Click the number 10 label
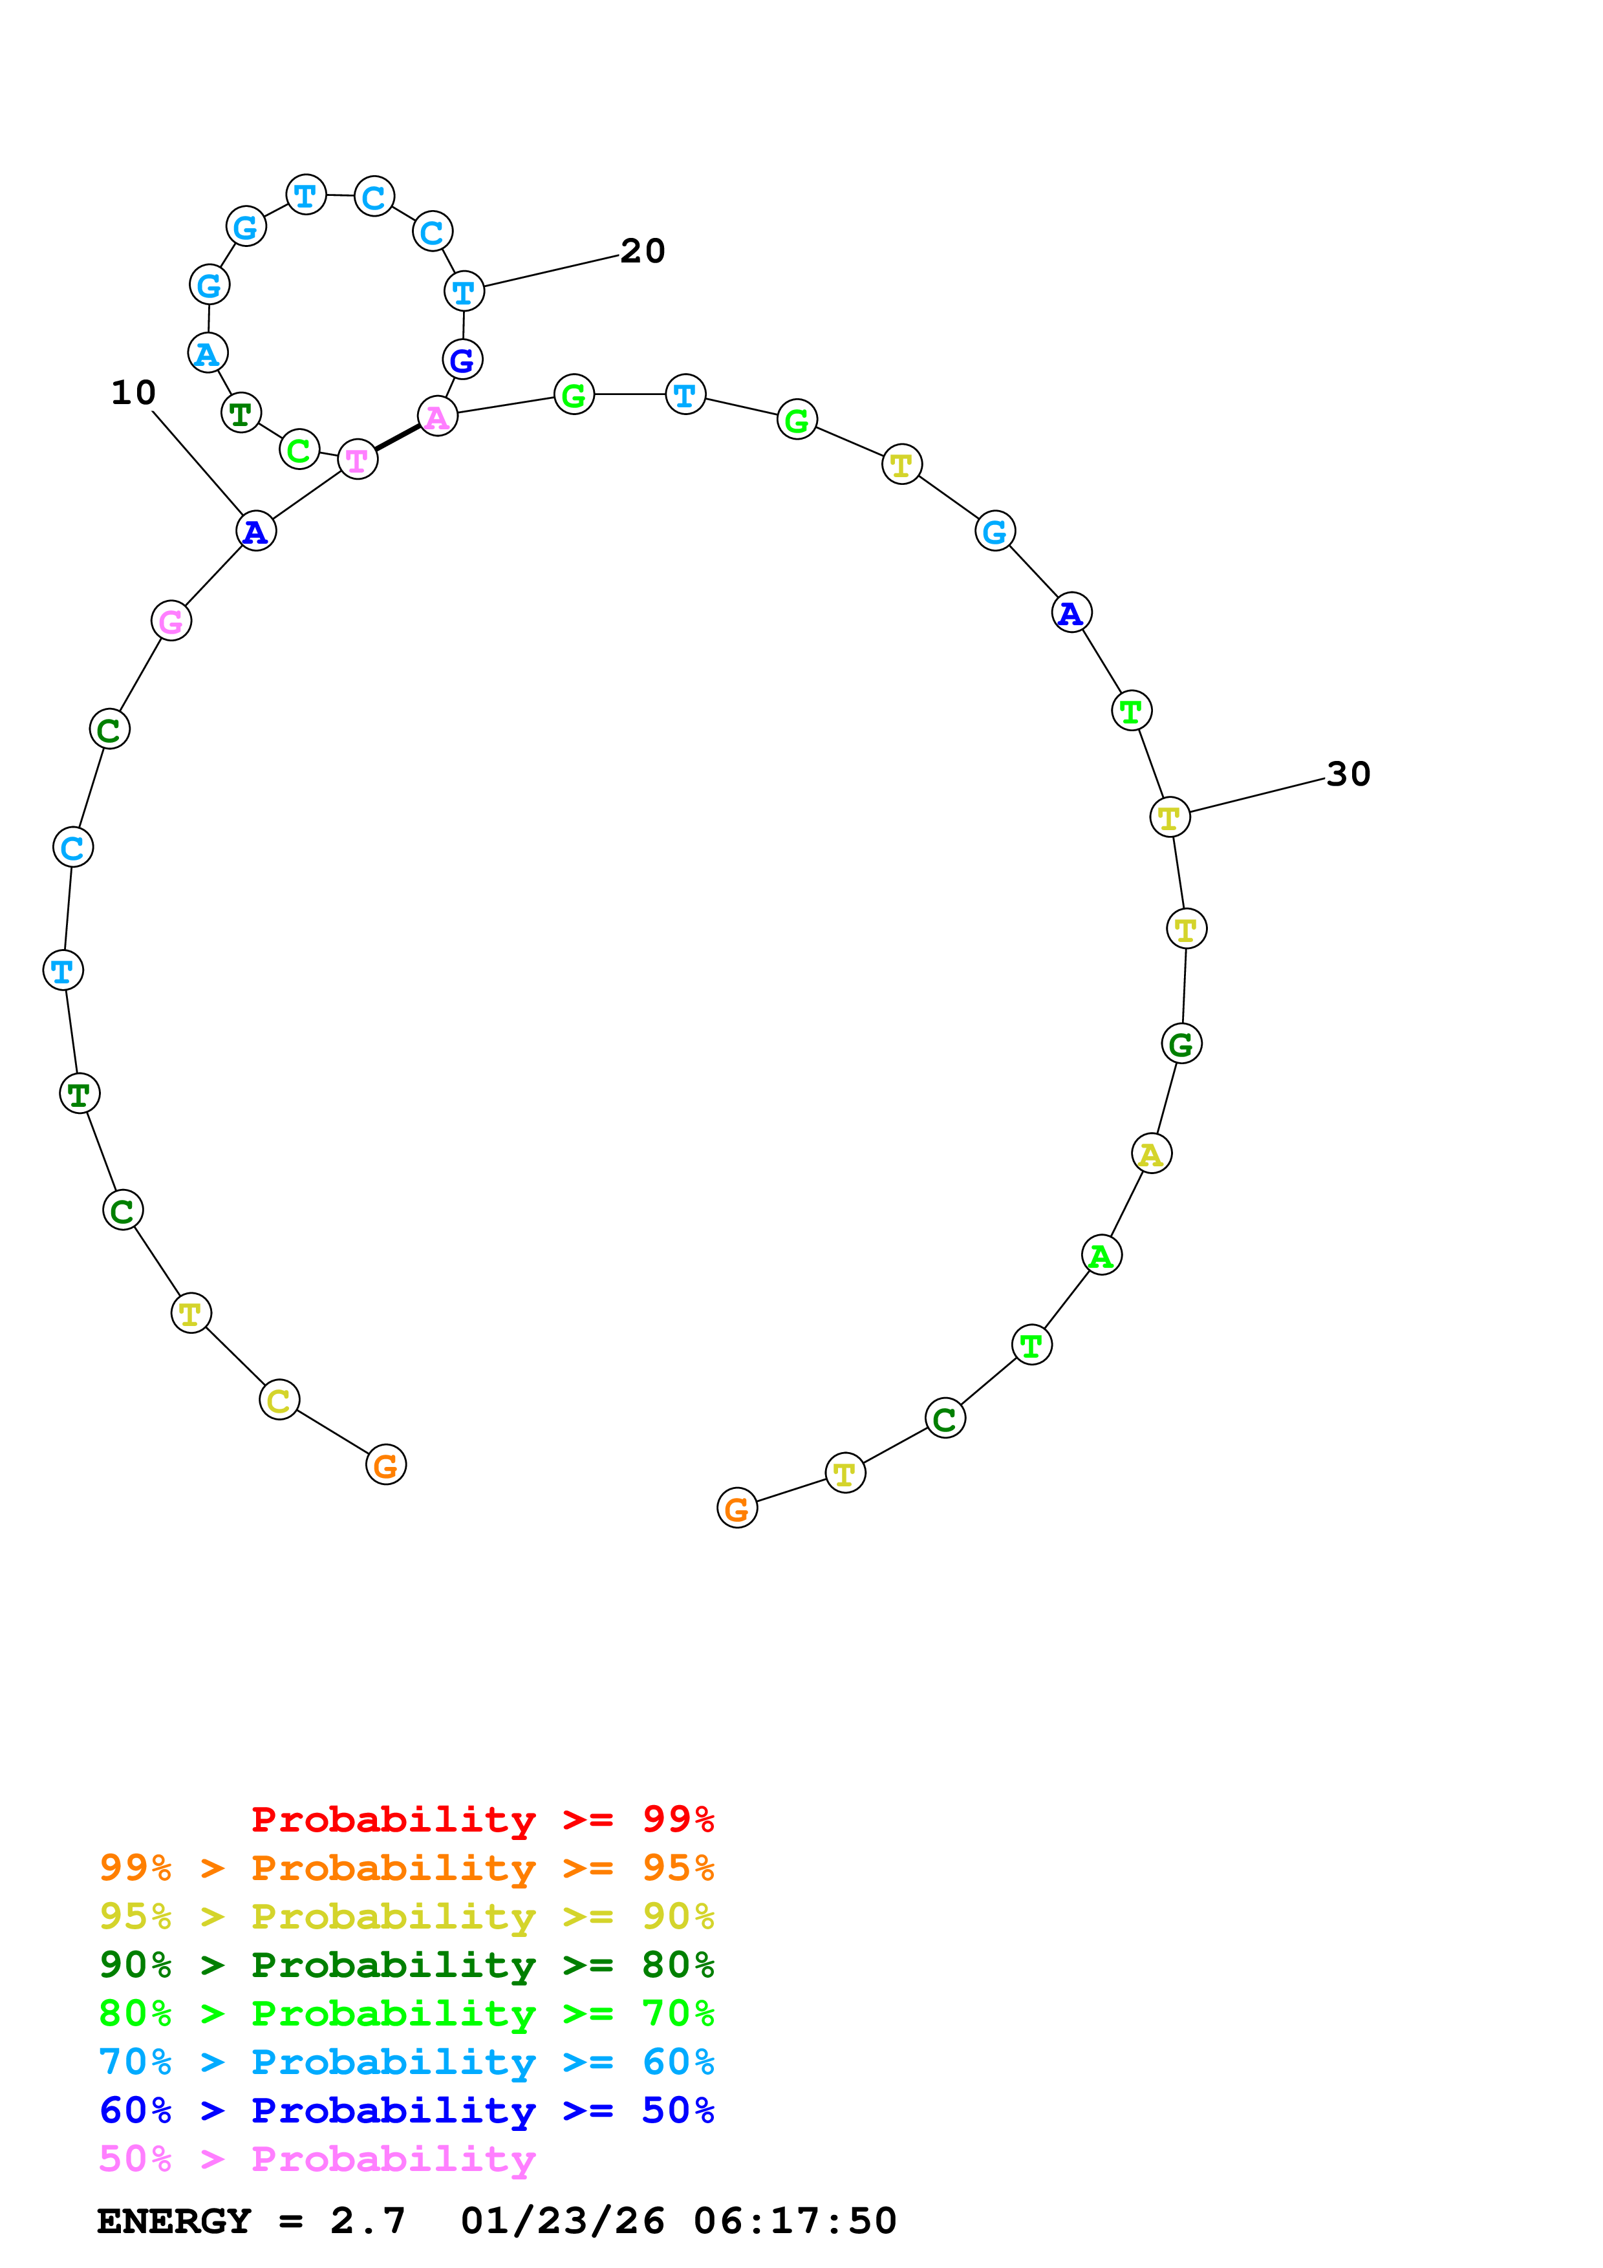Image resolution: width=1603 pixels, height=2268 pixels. coord(133,393)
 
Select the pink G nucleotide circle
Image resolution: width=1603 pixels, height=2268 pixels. coord(171,621)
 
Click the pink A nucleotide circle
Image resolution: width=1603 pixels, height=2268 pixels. coord(438,417)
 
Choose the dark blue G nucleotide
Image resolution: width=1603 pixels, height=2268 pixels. coord(462,359)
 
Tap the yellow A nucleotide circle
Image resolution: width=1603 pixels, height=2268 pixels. coord(1150,1154)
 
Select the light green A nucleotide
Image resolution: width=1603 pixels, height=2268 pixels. coord(1101,1256)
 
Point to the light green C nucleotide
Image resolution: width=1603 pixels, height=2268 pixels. coord(299,451)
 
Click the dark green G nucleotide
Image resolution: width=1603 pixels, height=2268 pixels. coord(1181,1044)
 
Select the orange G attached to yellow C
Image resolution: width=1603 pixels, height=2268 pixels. coord(386,1465)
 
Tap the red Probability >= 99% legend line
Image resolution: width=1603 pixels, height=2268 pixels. coord(482,1819)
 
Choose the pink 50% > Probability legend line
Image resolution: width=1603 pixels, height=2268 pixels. coord(317,2158)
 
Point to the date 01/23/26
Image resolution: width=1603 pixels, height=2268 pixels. coord(562,2221)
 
